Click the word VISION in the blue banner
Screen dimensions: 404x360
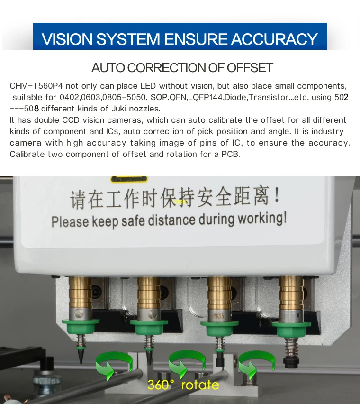click(x=66, y=39)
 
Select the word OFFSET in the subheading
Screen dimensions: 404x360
click(x=249, y=67)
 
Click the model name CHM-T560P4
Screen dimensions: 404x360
click(x=36, y=86)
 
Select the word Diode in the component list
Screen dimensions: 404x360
click(x=236, y=97)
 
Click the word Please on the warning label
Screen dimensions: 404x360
click(x=70, y=221)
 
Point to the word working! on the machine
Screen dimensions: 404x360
click(x=262, y=219)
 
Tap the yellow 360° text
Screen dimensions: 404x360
click(x=160, y=385)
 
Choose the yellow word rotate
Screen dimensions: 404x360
click(x=199, y=385)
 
